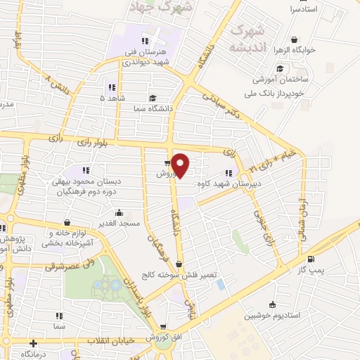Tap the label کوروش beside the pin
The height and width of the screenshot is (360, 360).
tap(169, 174)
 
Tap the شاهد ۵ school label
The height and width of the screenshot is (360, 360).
tap(116, 98)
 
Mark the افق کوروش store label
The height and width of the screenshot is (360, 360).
tap(167, 338)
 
